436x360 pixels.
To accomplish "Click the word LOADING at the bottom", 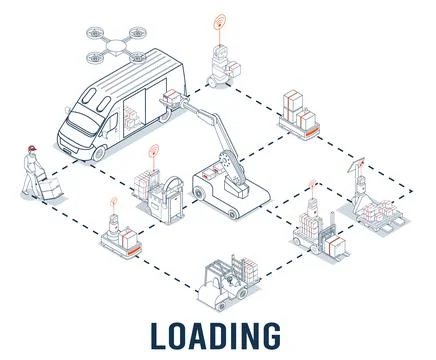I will pyautogui.click(x=218, y=334).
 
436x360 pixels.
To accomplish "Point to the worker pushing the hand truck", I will pyautogui.click(x=33, y=172).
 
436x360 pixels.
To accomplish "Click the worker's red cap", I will pyautogui.click(x=32, y=150).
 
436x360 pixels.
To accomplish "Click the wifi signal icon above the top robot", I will pyautogui.click(x=219, y=21).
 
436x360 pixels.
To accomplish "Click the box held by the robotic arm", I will pyautogui.click(x=172, y=98).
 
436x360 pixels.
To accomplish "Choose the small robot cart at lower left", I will pyautogui.click(x=118, y=237).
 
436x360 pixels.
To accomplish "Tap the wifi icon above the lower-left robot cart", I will pyautogui.click(x=114, y=204).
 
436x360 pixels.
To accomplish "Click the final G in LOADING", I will pyautogui.click(x=272, y=334).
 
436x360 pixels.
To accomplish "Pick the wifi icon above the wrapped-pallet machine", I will pyautogui.click(x=153, y=152).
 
